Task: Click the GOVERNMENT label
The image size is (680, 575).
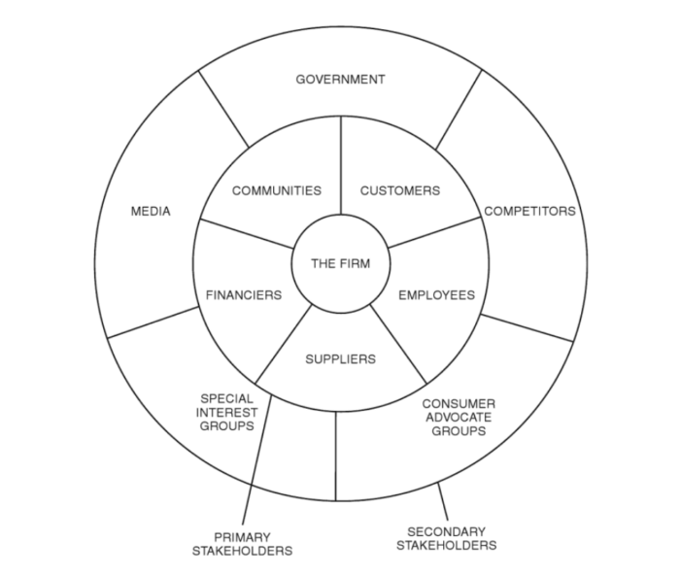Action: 340,79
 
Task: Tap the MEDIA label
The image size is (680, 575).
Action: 151,211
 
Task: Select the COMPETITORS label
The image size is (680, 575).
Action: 529,211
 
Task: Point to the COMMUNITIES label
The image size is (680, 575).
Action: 276,190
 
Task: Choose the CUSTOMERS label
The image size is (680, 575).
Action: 399,190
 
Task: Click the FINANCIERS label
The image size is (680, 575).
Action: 244,295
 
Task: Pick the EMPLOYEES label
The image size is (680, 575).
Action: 437,295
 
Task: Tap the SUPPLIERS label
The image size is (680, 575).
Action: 340,359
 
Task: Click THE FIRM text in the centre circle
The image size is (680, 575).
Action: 340,263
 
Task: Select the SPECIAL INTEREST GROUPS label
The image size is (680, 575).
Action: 227,412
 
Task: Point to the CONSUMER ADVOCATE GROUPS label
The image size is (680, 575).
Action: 459,417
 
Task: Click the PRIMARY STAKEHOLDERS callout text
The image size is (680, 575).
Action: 241,544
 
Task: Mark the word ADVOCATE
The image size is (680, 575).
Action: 459,417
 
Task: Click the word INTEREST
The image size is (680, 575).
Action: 227,412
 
